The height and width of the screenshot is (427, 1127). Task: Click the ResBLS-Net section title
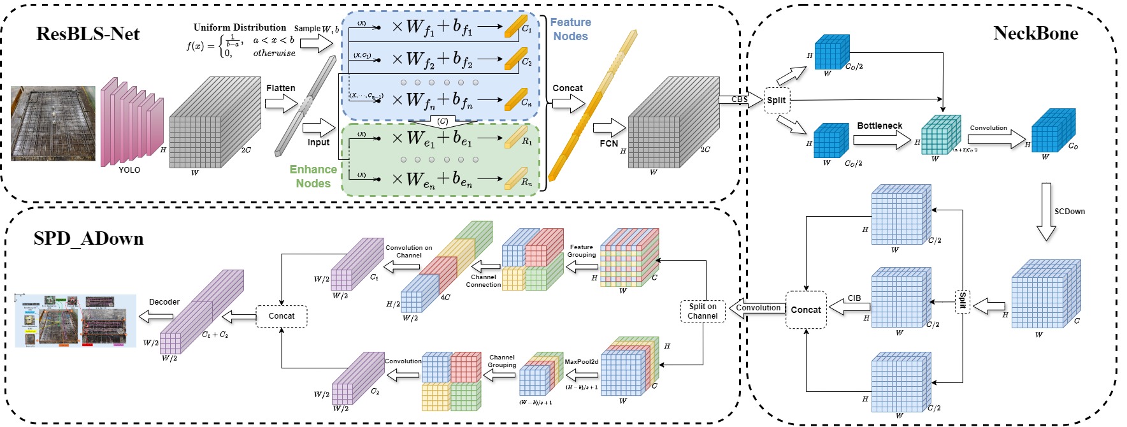pos(88,34)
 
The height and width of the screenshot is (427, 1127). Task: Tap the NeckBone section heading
pos(1035,34)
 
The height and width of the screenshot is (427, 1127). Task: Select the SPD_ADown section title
pos(89,239)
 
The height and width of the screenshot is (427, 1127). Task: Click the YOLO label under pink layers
pos(129,170)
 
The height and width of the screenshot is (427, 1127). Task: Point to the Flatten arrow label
pos(280,88)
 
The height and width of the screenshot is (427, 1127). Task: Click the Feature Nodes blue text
pos(570,29)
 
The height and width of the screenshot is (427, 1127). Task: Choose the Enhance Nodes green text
pos(313,177)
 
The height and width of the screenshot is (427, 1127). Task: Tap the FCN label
pos(608,143)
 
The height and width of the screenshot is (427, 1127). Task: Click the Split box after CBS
pos(776,100)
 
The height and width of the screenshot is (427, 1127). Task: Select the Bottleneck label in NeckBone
pos(879,126)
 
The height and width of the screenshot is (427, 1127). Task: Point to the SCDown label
pos(1069,212)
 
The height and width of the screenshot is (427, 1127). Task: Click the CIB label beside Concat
pos(854,298)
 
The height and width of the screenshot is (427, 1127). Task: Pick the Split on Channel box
pos(703,311)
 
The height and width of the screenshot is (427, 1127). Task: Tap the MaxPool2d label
pos(581,362)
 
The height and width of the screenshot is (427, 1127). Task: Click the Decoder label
pos(164,302)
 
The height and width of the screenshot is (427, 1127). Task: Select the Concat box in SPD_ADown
pos(281,316)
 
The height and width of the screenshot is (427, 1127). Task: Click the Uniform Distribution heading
pos(240,27)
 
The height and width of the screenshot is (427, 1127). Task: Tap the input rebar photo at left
pos(53,123)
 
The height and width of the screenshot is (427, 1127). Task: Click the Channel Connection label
pos(484,281)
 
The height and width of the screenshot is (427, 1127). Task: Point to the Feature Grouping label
pos(581,251)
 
